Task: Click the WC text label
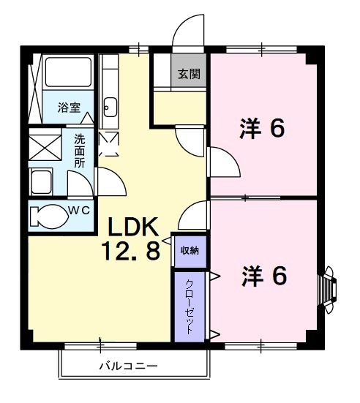[79, 211]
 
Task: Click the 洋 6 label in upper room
[260, 129]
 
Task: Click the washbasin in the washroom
[42, 180]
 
